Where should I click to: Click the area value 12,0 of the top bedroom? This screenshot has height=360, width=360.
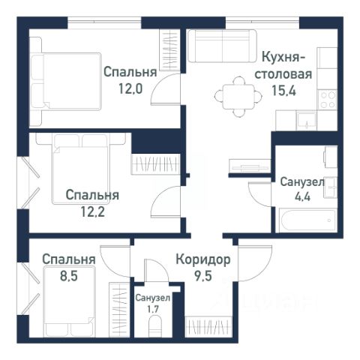click(130, 88)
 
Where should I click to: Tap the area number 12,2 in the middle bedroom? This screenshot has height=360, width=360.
click(92, 211)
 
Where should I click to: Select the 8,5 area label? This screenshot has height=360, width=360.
click(69, 276)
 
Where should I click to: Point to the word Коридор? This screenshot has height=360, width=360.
click(203, 260)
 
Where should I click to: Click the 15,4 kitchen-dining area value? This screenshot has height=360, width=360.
click(283, 91)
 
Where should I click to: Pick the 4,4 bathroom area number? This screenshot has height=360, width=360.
click(302, 196)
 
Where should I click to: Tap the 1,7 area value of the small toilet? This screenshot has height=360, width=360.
click(153, 310)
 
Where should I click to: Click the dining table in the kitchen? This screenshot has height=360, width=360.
click(238, 97)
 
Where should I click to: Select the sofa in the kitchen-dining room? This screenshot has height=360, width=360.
click(222, 46)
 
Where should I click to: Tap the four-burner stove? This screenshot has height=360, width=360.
click(328, 100)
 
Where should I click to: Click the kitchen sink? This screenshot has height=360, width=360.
click(306, 121)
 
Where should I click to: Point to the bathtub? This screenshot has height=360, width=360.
click(307, 220)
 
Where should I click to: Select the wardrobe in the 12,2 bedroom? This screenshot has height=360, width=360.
click(155, 164)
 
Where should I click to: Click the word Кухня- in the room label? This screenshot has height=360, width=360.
click(283, 57)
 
